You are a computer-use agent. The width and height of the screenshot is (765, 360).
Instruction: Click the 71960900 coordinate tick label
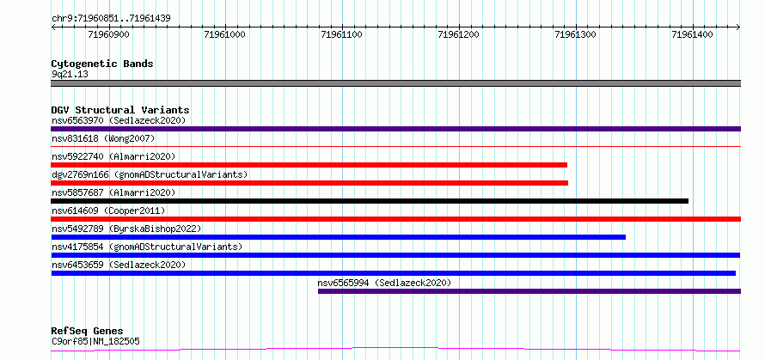click(x=109, y=34)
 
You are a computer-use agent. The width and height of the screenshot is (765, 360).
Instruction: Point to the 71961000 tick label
click(x=226, y=34)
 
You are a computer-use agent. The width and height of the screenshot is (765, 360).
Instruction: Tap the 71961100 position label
click(x=342, y=34)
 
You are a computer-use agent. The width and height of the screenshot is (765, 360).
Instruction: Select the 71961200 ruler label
click(x=459, y=34)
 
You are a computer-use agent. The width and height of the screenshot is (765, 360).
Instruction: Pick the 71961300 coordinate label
click(x=576, y=34)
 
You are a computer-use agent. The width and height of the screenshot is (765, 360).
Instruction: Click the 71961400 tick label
click(x=692, y=34)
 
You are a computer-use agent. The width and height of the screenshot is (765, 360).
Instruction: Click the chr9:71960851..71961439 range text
click(x=111, y=19)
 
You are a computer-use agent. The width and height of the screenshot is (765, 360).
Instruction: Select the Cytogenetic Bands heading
click(x=102, y=64)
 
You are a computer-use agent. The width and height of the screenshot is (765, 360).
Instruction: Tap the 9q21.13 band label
click(x=70, y=75)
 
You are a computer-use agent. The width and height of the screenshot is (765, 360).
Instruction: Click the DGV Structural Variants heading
click(x=120, y=110)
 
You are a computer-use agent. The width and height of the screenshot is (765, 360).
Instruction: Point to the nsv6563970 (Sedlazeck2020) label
click(x=119, y=120)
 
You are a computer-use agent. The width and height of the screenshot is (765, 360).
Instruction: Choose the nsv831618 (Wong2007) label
click(x=103, y=138)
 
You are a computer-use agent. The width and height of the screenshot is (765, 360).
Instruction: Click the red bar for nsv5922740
click(x=309, y=165)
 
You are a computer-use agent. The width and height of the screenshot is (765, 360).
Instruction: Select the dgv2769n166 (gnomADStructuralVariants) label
click(x=150, y=174)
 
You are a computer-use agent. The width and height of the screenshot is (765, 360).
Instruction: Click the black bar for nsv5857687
click(x=370, y=201)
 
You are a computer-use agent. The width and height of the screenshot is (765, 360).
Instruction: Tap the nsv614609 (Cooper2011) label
click(x=108, y=211)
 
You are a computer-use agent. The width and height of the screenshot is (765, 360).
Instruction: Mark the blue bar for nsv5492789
click(x=339, y=237)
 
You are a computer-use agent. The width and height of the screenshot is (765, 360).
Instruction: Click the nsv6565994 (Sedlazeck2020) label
click(x=384, y=283)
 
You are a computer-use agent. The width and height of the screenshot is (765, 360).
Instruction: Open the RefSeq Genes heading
click(x=88, y=332)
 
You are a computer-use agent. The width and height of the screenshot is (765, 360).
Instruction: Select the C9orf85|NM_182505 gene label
click(x=95, y=341)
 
